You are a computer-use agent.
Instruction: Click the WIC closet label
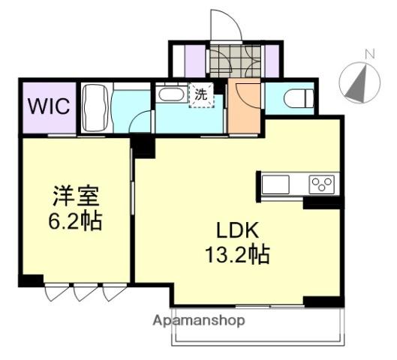click(x=49, y=105)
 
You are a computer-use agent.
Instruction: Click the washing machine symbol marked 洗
click(x=201, y=95)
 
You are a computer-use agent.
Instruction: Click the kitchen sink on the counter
click(x=275, y=183)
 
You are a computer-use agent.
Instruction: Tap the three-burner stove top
click(x=323, y=183)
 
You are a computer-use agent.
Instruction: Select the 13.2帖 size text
click(x=237, y=255)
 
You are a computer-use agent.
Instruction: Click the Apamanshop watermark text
click(x=200, y=320)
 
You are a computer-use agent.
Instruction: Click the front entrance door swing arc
click(x=224, y=26)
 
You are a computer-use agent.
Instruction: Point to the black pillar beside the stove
click(x=321, y=202)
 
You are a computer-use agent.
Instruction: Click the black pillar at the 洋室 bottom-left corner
click(x=30, y=282)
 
